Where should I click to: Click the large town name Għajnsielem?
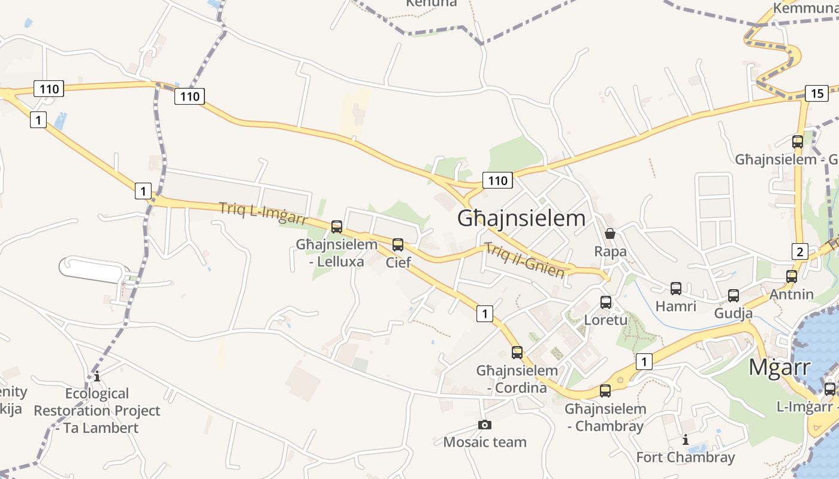[x=521, y=219]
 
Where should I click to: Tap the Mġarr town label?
[x=779, y=367]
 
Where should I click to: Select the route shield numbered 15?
[x=817, y=93]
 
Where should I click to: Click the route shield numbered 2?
[x=800, y=251]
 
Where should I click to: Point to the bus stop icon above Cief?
[x=398, y=245]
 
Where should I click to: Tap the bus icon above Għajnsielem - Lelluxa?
[x=337, y=227]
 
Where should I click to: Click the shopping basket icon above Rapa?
[x=610, y=234]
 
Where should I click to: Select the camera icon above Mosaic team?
[x=485, y=425]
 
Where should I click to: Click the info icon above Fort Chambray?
[x=686, y=440]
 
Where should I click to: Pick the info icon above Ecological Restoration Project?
[x=97, y=377]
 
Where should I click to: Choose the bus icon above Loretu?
[x=606, y=302]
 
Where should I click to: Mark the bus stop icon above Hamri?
[x=676, y=289]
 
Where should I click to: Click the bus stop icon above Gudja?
[x=734, y=296]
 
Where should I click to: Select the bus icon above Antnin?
[x=792, y=277]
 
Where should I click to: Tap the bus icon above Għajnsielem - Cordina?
[x=517, y=353]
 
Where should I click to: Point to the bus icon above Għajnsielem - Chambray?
[x=605, y=392]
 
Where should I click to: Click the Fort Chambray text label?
[x=685, y=457]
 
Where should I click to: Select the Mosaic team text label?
[x=485, y=442]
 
